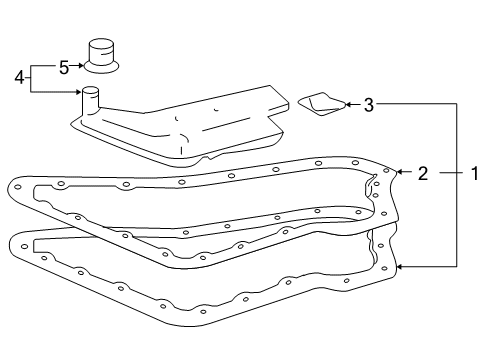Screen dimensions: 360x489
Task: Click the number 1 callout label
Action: click(474, 173)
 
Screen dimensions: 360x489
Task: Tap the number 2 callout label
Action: click(423, 173)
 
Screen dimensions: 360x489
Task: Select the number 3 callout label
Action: click(368, 104)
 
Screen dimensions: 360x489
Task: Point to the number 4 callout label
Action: click(18, 76)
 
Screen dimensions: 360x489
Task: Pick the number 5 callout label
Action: click(63, 68)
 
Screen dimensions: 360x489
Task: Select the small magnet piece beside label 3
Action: click(320, 103)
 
